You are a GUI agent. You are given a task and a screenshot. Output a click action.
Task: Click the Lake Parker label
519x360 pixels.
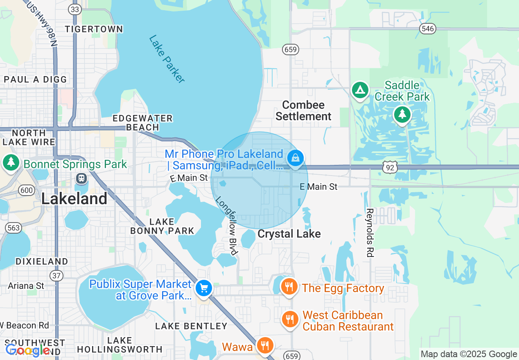[167, 59]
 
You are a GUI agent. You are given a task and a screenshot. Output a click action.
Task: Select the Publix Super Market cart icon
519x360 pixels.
[203, 288]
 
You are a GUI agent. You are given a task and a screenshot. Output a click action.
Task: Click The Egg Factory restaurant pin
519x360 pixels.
[289, 286]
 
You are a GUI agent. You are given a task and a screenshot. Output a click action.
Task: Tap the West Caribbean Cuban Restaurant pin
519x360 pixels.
[290, 319]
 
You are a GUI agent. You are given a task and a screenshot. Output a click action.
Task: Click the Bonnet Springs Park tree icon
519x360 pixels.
[11, 162]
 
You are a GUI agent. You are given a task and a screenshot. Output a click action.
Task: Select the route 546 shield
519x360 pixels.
[428, 29]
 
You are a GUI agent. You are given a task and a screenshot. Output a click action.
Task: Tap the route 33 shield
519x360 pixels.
[74, 9]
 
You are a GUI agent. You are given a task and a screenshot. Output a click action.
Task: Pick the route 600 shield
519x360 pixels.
[27, 190]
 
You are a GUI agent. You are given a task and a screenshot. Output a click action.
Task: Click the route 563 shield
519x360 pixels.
[14, 228]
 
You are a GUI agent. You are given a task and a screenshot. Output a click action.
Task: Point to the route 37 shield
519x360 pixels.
[57, 275]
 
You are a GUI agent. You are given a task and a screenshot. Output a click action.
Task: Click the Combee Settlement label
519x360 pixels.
[303, 110]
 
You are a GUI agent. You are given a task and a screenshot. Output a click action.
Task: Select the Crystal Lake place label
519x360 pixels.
[289, 234]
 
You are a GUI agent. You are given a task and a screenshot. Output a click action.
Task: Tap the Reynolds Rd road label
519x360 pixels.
[370, 232]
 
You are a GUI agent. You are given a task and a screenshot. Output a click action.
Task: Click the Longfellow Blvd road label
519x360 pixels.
[227, 226]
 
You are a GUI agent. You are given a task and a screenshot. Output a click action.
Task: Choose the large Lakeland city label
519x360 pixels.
[74, 199]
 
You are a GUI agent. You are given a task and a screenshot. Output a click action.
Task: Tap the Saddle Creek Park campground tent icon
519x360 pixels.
[360, 90]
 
